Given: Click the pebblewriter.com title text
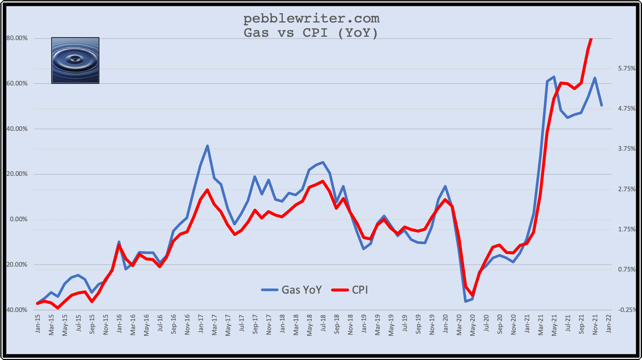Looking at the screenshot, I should [311, 18].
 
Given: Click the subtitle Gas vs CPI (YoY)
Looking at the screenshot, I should [311, 33].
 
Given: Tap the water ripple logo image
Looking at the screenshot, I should [75, 60].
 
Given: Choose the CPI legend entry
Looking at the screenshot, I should [350, 290].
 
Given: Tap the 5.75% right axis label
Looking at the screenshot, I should [627, 69].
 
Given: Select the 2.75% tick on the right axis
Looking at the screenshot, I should [627, 189].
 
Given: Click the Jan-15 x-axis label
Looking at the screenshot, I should [38, 324].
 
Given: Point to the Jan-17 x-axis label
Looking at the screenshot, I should [201, 324].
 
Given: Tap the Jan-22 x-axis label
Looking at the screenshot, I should [609, 324].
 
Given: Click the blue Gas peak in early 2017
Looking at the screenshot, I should [207, 146].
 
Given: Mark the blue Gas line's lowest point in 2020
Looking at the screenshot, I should [465, 301].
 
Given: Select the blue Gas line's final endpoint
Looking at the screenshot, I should [601, 105].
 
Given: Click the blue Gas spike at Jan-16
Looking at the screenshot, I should [119, 242].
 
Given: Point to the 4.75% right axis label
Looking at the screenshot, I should [627, 109].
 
